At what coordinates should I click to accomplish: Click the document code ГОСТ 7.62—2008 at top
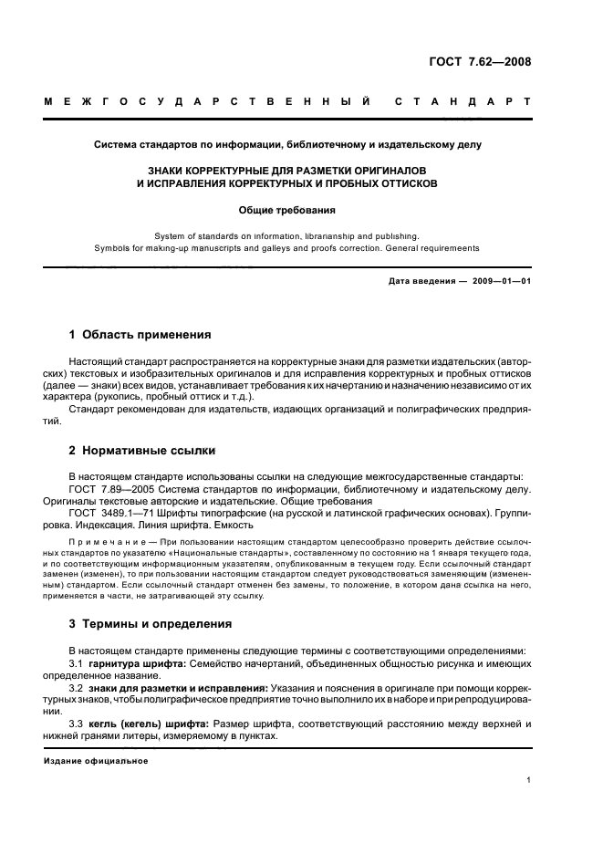click(480, 62)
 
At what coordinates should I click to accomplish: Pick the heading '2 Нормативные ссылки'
click(141, 450)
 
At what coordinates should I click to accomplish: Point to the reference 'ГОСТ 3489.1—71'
click(111, 513)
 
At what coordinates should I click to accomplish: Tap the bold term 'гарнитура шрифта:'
click(134, 661)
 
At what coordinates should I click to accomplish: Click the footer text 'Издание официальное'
click(96, 761)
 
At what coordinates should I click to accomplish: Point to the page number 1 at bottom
click(528, 780)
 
